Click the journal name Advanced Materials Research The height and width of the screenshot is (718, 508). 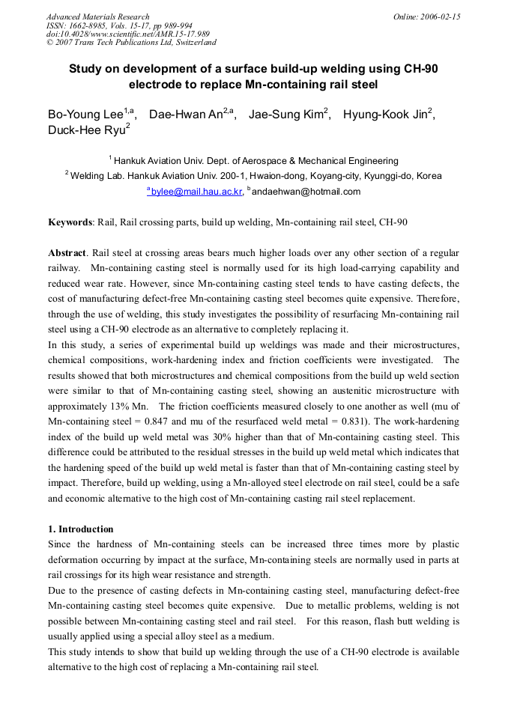point(97,16)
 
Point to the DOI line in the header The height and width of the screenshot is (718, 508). point(127,34)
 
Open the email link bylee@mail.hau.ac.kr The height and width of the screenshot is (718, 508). point(196,192)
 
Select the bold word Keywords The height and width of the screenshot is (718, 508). point(70,222)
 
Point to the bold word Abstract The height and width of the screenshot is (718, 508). point(67,253)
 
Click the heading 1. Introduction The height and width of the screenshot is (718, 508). point(81,529)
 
